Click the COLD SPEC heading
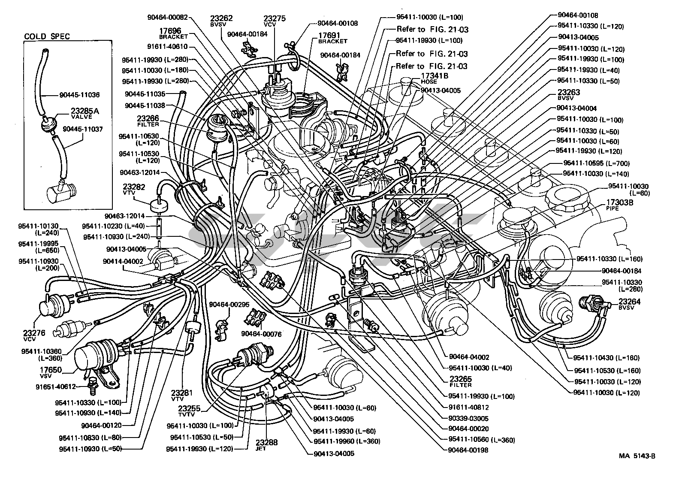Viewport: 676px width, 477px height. click(x=47, y=36)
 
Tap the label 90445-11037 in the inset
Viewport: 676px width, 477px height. click(x=83, y=129)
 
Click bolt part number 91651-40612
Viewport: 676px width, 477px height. click(x=56, y=387)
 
